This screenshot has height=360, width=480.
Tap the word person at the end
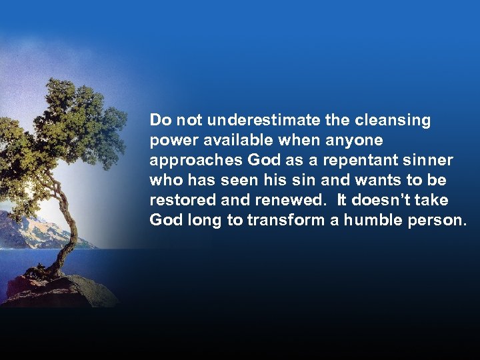click(x=437, y=221)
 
